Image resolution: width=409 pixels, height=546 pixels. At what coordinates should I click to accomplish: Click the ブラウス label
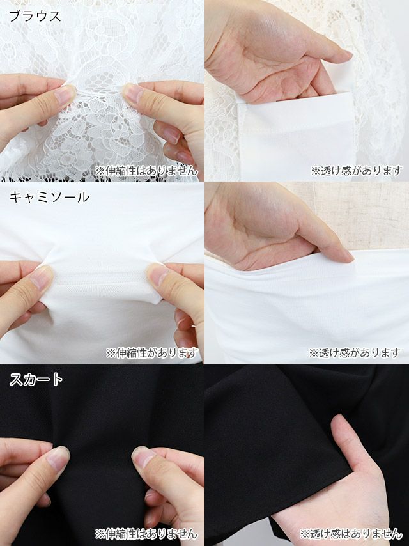(35, 17)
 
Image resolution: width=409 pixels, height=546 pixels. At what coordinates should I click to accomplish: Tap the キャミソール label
(49, 197)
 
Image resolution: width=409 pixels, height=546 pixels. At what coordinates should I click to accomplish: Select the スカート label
(36, 379)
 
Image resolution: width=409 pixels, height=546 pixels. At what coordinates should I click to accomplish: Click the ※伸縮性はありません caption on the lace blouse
(146, 171)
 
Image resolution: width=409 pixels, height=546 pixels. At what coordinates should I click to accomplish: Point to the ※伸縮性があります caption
(152, 353)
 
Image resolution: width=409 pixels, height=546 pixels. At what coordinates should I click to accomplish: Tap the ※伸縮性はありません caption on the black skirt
(146, 533)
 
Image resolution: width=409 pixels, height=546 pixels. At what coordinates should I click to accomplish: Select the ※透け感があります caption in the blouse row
(357, 171)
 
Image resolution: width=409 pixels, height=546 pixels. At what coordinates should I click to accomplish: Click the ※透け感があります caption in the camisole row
(355, 353)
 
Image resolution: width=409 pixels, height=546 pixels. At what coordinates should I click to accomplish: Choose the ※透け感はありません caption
(351, 533)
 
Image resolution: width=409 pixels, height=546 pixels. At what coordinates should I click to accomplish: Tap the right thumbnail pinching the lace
(133, 93)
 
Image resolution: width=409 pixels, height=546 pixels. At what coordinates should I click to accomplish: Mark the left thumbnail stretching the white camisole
(41, 277)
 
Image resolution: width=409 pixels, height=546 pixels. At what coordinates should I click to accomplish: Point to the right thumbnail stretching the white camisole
(157, 274)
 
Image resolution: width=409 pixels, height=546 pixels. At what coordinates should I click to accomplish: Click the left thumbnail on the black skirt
(59, 458)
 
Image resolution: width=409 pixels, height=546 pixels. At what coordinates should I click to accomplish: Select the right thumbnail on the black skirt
(143, 457)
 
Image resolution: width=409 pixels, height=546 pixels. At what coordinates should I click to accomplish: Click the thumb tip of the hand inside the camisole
(344, 255)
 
